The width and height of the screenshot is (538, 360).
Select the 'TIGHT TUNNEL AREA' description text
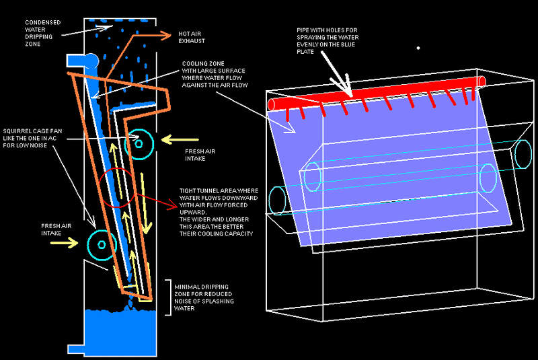[x=218, y=211]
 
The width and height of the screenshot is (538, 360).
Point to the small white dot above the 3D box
[x=418, y=48]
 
